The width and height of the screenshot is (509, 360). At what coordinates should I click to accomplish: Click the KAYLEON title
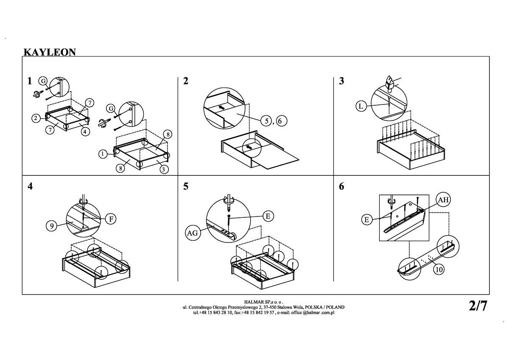tap(50, 52)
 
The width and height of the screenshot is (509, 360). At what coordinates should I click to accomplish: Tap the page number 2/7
tap(478, 306)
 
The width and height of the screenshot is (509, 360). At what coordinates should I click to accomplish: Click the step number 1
tap(29, 81)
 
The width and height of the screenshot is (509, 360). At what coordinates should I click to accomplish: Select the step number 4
tap(30, 186)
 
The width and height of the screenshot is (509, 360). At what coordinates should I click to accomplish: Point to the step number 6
tap(341, 186)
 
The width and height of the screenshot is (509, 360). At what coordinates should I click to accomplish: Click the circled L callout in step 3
tap(361, 106)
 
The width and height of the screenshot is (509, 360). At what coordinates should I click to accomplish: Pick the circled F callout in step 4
tap(111, 219)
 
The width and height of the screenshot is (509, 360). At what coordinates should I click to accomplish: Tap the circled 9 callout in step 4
tap(52, 226)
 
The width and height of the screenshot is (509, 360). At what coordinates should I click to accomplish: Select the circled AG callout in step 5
tap(193, 233)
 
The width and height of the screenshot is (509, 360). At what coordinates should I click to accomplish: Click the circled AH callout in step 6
tap(444, 200)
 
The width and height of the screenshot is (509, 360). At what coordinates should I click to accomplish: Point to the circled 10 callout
tap(439, 269)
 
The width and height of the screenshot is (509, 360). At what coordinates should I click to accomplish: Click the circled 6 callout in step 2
tap(281, 121)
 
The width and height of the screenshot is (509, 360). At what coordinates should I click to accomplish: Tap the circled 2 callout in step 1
tap(36, 118)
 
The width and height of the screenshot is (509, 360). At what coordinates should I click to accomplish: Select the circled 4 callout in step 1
tap(85, 132)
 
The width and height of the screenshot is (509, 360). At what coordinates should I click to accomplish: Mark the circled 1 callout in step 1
tap(103, 154)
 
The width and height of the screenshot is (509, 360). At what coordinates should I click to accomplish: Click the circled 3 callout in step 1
tap(164, 169)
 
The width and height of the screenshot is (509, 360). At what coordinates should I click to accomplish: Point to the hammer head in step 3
tap(390, 82)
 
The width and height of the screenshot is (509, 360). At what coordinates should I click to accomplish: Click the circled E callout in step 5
tap(268, 216)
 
